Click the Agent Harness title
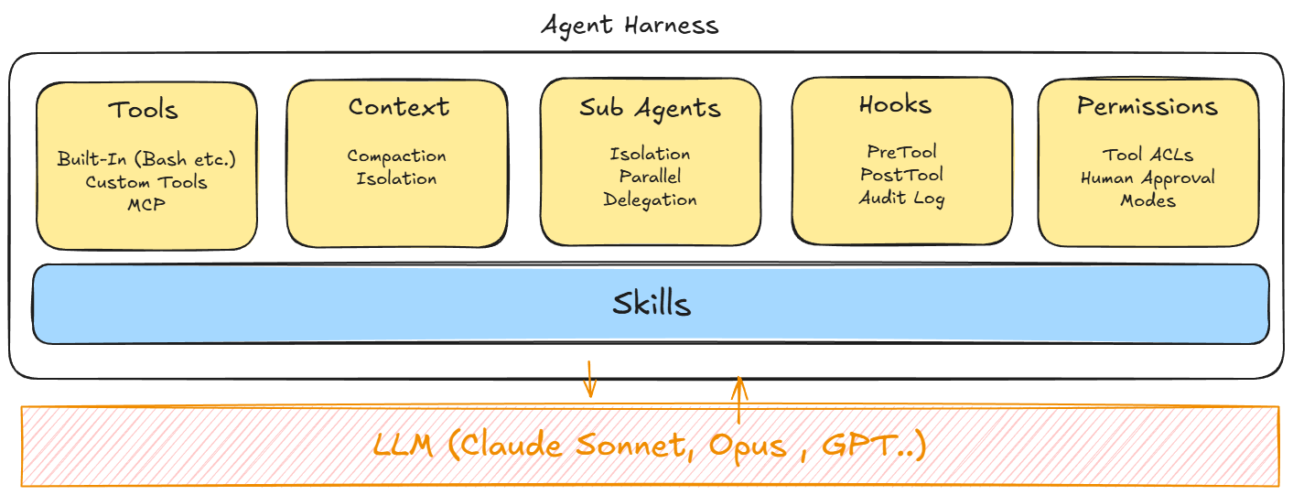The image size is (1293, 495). [x=630, y=25]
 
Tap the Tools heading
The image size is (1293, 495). [x=143, y=110]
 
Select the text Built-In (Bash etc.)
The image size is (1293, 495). [x=146, y=159]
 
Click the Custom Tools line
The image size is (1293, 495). [x=146, y=182]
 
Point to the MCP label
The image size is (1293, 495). [x=146, y=204]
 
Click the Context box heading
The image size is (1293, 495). [x=398, y=107]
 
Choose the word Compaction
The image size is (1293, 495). [x=396, y=156]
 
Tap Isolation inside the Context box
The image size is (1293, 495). [x=396, y=178]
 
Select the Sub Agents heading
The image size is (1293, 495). [x=650, y=108]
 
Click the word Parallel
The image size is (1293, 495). [x=650, y=177]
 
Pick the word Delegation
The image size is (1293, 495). [x=650, y=199]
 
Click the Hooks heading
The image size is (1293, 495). [x=895, y=105]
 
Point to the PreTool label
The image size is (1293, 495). [x=901, y=152]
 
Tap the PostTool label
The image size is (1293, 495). [x=901, y=175]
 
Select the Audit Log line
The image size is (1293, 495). [x=901, y=198]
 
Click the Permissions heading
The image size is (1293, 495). [x=1147, y=107]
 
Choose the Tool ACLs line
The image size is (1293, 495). [x=1148, y=156]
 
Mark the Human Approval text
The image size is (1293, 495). [x=1148, y=178]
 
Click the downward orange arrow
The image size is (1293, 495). [x=590, y=378]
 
